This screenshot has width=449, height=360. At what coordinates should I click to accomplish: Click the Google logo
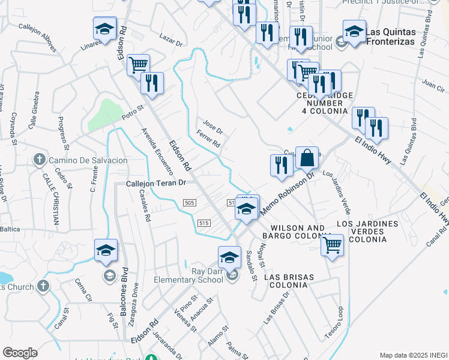click(20, 353)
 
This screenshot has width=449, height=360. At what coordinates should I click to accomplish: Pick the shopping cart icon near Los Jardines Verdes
click(332, 245)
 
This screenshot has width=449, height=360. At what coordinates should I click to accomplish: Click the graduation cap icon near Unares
click(104, 29)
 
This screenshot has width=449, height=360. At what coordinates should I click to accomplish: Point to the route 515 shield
click(204, 223)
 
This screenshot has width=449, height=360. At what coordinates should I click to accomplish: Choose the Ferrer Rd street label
click(209, 139)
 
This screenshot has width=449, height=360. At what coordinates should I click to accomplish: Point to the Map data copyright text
click(414, 355)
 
